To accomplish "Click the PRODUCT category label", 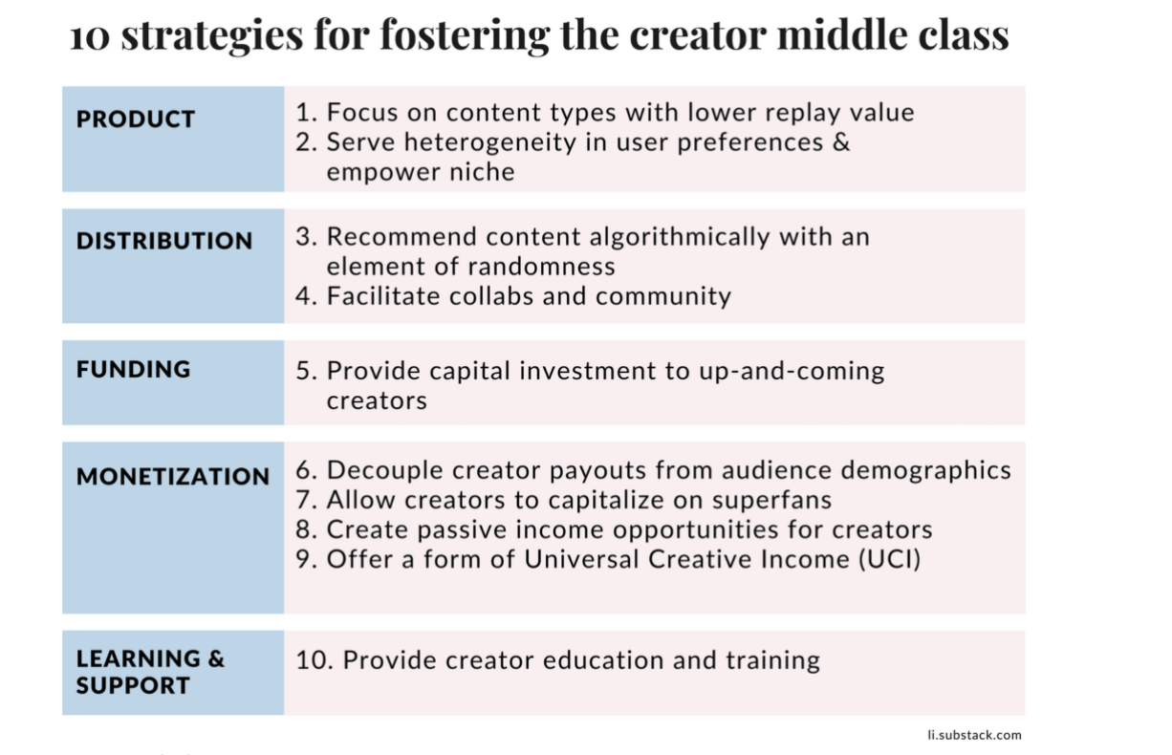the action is pyautogui.click(x=136, y=119).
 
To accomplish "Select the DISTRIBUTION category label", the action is pyautogui.click(x=164, y=241).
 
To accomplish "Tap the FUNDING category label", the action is pyautogui.click(x=134, y=369).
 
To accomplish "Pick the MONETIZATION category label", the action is pyautogui.click(x=173, y=476).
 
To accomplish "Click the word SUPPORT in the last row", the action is pyautogui.click(x=133, y=685).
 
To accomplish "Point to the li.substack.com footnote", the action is pyautogui.click(x=974, y=735).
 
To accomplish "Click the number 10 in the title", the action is pyautogui.click(x=90, y=37).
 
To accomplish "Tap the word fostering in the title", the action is pyautogui.click(x=465, y=35).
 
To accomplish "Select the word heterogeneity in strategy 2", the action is pyautogui.click(x=489, y=142).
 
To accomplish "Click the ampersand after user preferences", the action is pyautogui.click(x=841, y=142).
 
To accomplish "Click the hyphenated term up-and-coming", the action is pyautogui.click(x=792, y=372).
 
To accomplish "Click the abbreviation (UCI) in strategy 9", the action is pyautogui.click(x=889, y=559).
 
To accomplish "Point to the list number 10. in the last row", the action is pyautogui.click(x=315, y=660).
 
